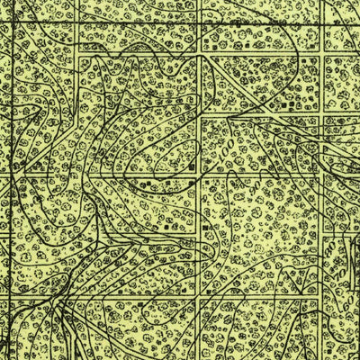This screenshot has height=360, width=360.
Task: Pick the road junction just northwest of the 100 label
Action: (201, 115)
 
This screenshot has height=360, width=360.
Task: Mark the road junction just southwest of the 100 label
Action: (201, 175)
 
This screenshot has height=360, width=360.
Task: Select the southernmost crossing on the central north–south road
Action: (201, 297)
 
